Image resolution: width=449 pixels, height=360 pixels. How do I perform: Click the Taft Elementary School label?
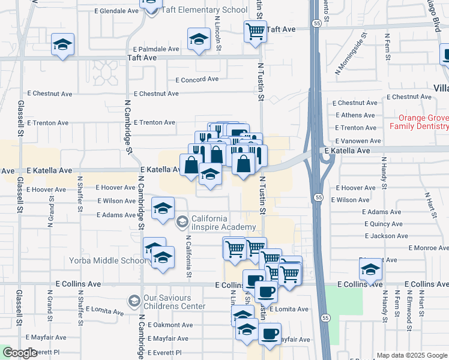pyautogui.click(x=205, y=10)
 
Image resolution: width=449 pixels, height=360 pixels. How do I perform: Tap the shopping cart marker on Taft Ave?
pyautogui.click(x=255, y=31)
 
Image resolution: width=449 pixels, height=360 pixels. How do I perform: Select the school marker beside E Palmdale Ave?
pyautogui.click(x=197, y=40)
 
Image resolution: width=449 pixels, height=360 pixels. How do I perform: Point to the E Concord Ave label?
pyautogui.click(x=197, y=79)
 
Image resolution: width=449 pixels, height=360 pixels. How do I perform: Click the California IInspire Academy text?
pyautogui.click(x=223, y=223)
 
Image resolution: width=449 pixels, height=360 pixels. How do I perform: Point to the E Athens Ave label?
pyautogui.click(x=355, y=115)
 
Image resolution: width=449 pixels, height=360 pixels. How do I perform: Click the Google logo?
pyautogui.click(x=19, y=353)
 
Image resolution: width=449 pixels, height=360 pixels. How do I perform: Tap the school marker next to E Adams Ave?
pyautogui.click(x=162, y=208)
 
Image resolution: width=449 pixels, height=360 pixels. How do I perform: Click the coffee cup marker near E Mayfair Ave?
pyautogui.click(x=270, y=333)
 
